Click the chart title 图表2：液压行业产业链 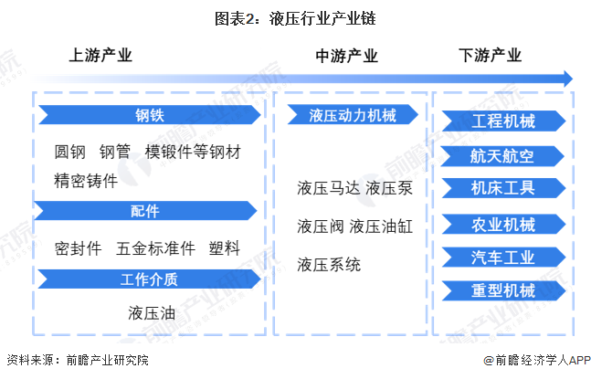click(x=296, y=17)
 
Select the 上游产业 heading click(x=100, y=55)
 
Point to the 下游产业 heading click(x=490, y=55)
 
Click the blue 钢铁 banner click(x=146, y=116)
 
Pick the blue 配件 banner click(x=146, y=211)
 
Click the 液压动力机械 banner click(x=353, y=116)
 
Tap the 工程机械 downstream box click(x=503, y=121)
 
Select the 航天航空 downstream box click(x=503, y=155)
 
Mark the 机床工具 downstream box click(x=503, y=188)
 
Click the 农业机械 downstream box click(x=503, y=224)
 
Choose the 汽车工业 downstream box click(x=503, y=257)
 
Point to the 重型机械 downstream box click(x=503, y=290)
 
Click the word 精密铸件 click(x=86, y=180)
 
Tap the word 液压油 click(x=152, y=312)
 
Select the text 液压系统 click(x=329, y=265)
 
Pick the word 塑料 click(x=224, y=247)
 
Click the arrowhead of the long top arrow click(x=567, y=79)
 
